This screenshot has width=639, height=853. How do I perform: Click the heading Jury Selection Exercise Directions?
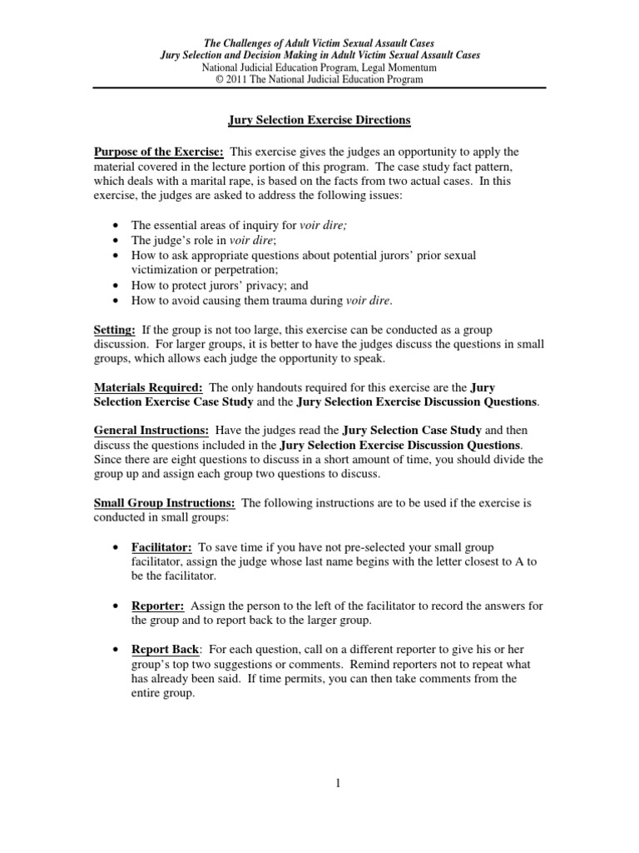click(x=319, y=120)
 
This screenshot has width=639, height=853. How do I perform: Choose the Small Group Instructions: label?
click(x=164, y=503)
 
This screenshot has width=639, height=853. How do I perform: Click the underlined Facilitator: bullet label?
click(x=162, y=547)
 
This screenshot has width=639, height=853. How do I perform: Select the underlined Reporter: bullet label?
click(x=156, y=606)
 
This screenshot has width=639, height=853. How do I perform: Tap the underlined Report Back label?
click(x=162, y=650)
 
